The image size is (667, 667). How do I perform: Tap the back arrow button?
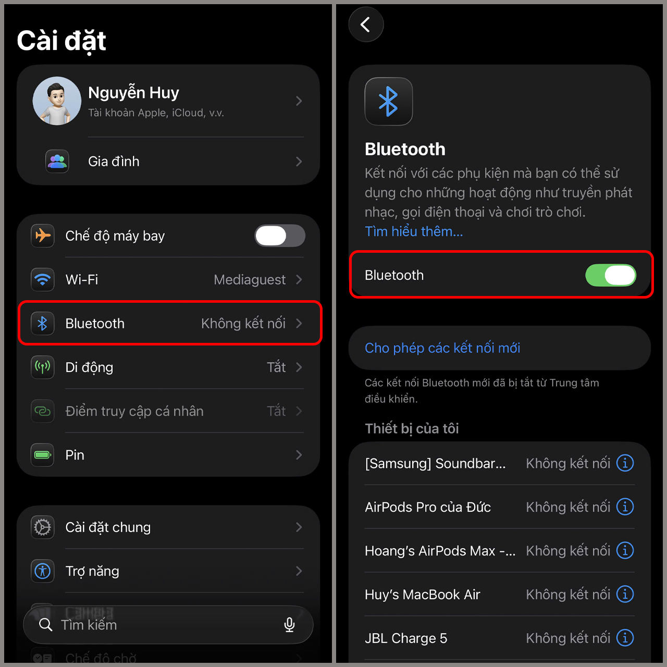pos(366,24)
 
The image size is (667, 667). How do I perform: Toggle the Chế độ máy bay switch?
pos(280,236)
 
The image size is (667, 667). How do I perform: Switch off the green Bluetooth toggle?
pos(611,275)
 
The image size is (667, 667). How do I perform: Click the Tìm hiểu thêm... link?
pos(414,231)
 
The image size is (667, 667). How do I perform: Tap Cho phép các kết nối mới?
pos(442,348)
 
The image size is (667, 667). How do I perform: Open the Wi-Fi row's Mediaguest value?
pos(250,280)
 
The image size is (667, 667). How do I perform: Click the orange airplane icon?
pos(43,236)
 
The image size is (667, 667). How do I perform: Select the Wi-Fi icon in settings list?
pos(43,280)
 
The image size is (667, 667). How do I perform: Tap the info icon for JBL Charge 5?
pos(625,638)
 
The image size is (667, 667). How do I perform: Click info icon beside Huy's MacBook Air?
pos(625,594)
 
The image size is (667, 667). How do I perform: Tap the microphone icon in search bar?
pos(289,624)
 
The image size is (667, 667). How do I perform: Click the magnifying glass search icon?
pos(46,624)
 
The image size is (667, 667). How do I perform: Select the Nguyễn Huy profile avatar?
pos(57,101)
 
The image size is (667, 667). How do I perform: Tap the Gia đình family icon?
pos(57,162)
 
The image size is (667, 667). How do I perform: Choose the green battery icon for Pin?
pos(43,455)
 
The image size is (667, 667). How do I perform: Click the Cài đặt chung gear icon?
pos(43,527)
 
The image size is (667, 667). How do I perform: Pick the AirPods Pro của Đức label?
pos(428,507)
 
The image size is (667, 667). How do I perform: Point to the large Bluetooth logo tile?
pos(389,102)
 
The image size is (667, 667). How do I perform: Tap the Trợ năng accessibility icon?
pos(43,571)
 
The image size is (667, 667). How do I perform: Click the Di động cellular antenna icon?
pos(43,367)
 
